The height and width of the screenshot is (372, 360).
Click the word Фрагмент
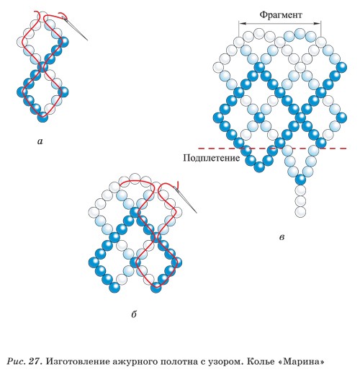pyautogui.click(x=281, y=15)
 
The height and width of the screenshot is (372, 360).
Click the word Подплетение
pyautogui.click(x=211, y=158)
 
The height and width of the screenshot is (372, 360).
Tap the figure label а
pyautogui.click(x=40, y=141)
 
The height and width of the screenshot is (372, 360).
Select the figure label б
pyautogui.click(x=134, y=314)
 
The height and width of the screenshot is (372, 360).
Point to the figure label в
pyautogui.click(x=282, y=237)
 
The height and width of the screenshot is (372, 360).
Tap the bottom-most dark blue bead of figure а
pyautogui.click(x=42, y=117)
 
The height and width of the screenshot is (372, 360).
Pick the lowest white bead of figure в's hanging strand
pyautogui.click(x=300, y=212)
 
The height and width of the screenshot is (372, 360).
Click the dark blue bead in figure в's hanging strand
pyautogui.click(x=300, y=180)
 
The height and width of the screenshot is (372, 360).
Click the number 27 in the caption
pyautogui.click(x=35, y=361)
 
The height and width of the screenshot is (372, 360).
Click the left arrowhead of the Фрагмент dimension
pyautogui.click(x=242, y=23)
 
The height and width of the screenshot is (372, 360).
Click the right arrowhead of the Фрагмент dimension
pyautogui.click(x=318, y=23)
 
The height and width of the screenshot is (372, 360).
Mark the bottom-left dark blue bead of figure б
pyautogui.click(x=114, y=287)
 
